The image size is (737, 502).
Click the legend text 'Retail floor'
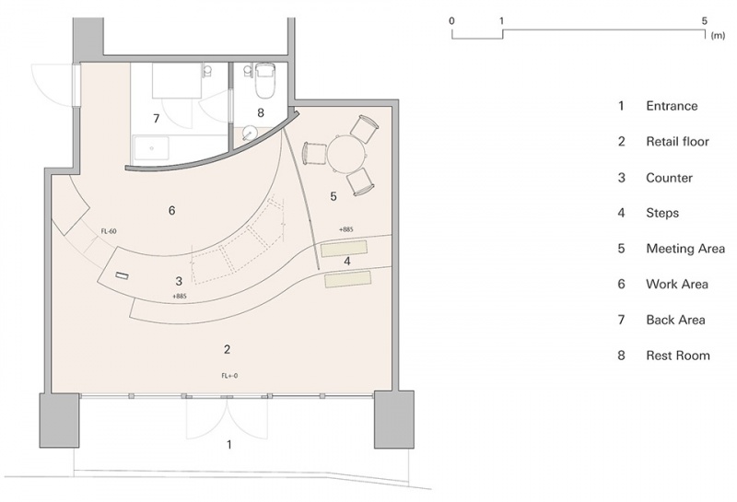(x=677, y=142)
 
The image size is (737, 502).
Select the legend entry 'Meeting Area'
(x=685, y=248)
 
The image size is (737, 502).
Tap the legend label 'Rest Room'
(x=678, y=356)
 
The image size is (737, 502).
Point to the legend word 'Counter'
(x=670, y=178)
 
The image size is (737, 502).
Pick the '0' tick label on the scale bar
(x=451, y=20)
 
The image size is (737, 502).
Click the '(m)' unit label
(x=718, y=36)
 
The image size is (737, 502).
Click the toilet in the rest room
(x=264, y=80)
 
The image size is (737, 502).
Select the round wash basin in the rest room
(x=247, y=134)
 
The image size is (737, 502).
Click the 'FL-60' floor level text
(x=109, y=231)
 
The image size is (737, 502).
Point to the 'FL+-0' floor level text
(x=229, y=376)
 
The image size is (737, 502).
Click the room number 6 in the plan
(x=171, y=210)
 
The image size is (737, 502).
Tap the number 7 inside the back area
(x=157, y=119)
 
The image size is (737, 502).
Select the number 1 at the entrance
(x=229, y=444)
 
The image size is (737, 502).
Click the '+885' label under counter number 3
(x=180, y=296)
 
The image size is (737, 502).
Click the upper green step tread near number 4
(x=344, y=248)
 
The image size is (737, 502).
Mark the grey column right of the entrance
(x=394, y=419)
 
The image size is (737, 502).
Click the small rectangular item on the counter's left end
(x=122, y=275)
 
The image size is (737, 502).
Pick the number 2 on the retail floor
(x=227, y=349)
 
